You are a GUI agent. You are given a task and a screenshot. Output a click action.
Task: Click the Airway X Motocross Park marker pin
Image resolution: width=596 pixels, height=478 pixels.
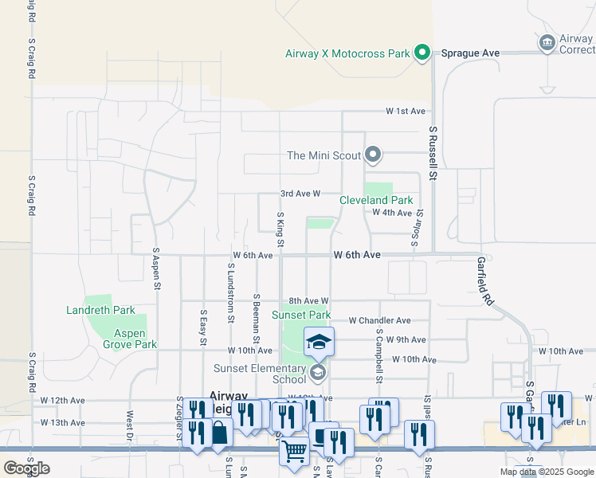(423, 53)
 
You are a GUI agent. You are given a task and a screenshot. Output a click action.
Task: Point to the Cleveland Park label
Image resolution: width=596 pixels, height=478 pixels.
(376, 201)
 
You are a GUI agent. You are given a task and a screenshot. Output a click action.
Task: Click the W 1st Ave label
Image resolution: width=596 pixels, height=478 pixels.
(406, 111)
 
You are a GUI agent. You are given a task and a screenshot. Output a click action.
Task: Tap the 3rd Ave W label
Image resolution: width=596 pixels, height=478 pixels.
(300, 194)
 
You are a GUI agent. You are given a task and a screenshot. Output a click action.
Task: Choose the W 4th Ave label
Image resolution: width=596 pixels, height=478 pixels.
(392, 213)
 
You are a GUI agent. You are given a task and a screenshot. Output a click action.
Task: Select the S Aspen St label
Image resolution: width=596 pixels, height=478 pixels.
(156, 267)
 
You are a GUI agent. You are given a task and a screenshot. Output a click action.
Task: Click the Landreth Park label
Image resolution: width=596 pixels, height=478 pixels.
(100, 310)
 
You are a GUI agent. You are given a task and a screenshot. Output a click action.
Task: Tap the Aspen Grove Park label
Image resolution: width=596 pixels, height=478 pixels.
(129, 339)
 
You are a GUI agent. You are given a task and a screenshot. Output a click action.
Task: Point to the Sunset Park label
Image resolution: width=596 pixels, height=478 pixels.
(300, 315)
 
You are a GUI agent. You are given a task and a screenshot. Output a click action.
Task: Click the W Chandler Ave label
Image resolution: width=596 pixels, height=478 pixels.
(379, 320)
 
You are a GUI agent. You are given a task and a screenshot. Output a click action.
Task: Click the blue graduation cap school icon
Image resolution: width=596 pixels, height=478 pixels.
(319, 343)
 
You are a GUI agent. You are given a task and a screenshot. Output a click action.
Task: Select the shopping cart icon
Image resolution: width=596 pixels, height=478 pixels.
(295, 453)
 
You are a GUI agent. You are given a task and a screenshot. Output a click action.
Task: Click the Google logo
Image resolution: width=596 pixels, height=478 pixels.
(27, 468)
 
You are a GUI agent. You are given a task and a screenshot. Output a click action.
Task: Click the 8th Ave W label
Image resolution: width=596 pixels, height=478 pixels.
(309, 300)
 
